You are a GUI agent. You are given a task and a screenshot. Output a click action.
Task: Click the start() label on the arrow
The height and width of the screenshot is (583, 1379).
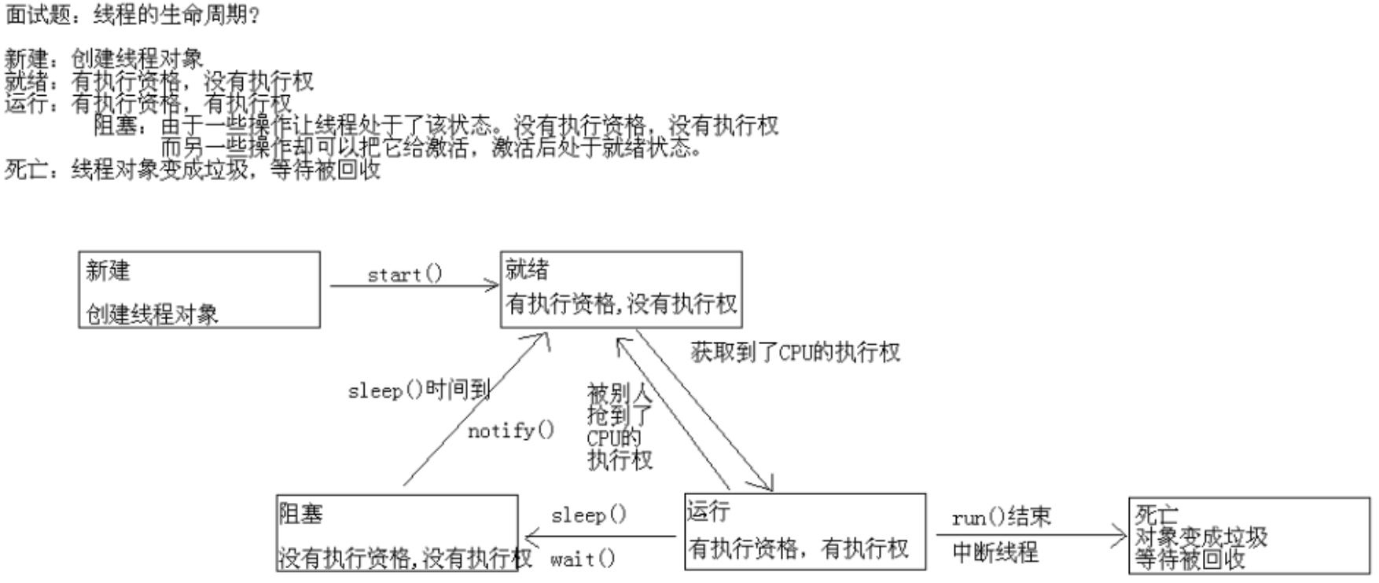[x=405, y=274]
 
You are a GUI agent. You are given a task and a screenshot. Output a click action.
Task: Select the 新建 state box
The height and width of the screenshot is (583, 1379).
[x=199, y=289]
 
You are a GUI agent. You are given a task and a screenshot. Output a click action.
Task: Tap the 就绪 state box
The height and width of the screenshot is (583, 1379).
[x=621, y=289]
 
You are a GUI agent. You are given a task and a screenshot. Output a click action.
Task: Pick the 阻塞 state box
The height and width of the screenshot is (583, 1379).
[x=397, y=533]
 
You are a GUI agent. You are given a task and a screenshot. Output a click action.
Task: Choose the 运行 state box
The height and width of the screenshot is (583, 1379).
[x=804, y=531]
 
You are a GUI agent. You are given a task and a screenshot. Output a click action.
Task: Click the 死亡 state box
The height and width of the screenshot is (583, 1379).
[x=1248, y=535]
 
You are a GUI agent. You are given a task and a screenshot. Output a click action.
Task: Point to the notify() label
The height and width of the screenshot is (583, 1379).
[x=511, y=431]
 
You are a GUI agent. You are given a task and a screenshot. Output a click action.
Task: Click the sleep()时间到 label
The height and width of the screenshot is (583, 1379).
[x=419, y=390]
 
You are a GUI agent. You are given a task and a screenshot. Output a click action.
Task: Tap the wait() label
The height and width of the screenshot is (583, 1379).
[x=583, y=559]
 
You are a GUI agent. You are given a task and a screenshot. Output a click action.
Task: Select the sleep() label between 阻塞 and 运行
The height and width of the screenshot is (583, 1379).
[x=589, y=515]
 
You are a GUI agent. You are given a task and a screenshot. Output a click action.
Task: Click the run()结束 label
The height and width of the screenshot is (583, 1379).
[x=1001, y=517]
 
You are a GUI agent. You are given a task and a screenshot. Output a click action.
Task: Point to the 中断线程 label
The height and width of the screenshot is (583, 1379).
[x=995, y=552]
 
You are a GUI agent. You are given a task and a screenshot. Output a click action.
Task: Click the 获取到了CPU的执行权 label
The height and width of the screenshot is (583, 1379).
[x=795, y=352]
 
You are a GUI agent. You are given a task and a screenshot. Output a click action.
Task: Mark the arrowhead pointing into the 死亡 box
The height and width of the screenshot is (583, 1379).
[x=1121, y=537]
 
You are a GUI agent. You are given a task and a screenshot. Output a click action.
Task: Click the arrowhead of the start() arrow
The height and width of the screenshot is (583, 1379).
[x=492, y=286]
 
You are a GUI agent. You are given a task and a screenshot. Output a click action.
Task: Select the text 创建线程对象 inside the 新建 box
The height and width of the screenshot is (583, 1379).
[x=152, y=314]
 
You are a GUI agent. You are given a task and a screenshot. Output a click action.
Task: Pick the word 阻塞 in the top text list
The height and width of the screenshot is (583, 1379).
[x=115, y=125]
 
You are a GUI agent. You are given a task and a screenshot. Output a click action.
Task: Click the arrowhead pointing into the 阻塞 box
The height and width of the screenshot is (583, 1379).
[x=530, y=537]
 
